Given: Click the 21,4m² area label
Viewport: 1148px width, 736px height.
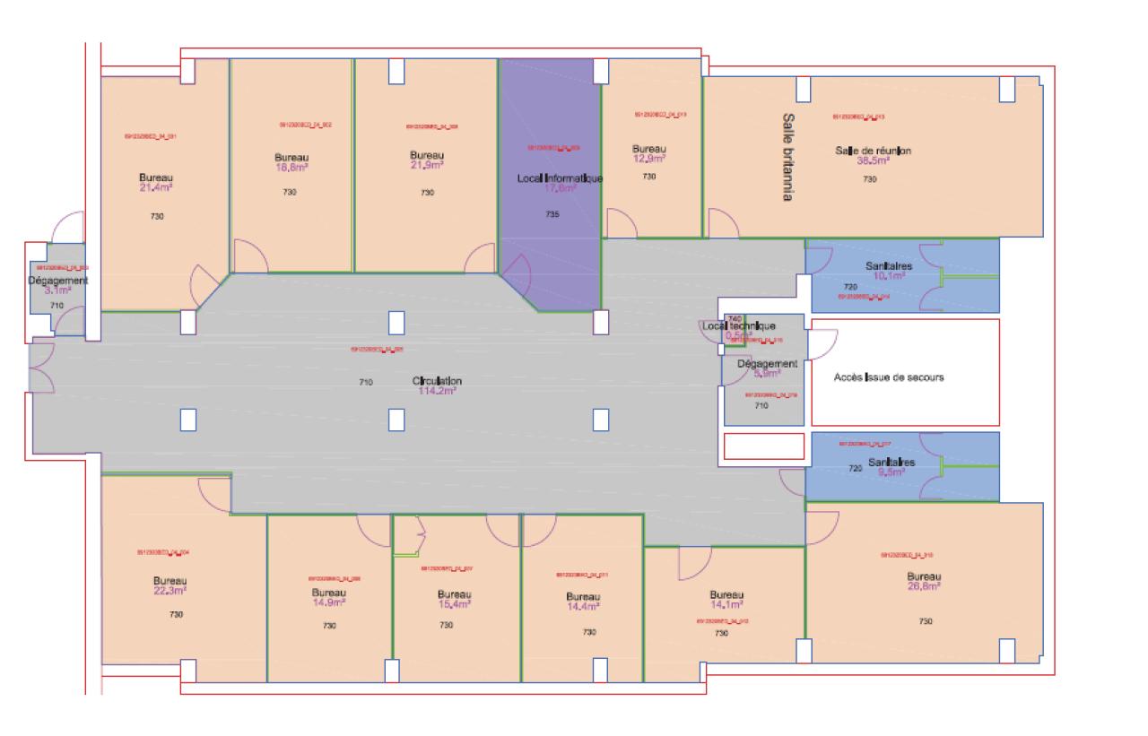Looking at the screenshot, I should click(156, 188).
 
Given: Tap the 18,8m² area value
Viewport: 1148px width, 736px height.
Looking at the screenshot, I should click(291, 167).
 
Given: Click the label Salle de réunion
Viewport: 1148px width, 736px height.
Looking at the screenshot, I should click(873, 150).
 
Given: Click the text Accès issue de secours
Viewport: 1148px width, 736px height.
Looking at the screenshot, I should click(889, 377).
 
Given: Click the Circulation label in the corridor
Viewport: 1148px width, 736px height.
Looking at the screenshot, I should click(437, 381).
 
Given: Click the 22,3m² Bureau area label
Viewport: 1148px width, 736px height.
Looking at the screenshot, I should click(170, 592).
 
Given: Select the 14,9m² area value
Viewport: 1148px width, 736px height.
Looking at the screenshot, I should click(329, 603).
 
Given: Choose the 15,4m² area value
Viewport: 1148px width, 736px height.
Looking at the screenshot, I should click(455, 604).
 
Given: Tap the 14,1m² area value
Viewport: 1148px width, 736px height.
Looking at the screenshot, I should click(727, 604).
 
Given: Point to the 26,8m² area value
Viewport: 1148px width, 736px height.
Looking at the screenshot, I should click(923, 586).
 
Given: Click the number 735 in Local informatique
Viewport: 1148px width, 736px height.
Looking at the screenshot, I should click(552, 214).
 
